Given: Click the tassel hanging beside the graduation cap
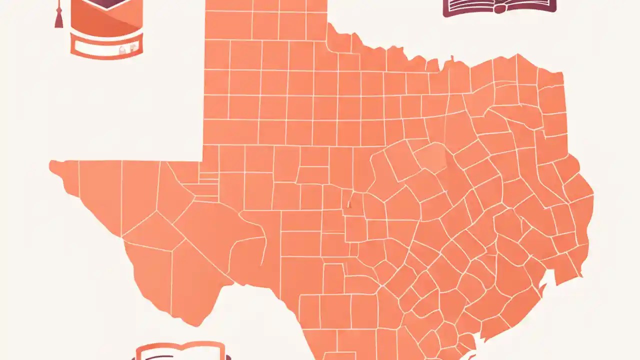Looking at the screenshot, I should coord(58,18).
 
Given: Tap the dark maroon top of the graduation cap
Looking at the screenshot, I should coord(106,4).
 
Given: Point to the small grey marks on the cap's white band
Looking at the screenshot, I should coord(127,48).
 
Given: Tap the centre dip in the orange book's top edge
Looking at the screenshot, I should coord(180,346).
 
